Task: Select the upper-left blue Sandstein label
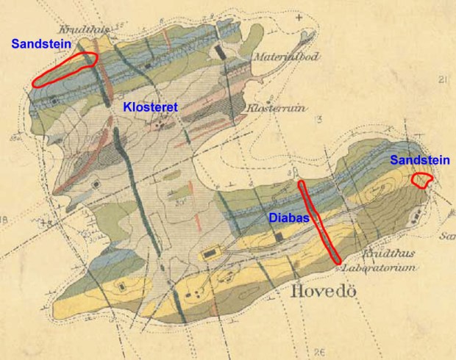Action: (x=40, y=44)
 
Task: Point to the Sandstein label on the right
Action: (x=417, y=159)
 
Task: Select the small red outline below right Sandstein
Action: (x=421, y=180)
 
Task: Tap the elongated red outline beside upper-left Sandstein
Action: (x=65, y=71)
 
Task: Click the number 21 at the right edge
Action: (x=442, y=80)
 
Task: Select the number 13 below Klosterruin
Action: (x=318, y=119)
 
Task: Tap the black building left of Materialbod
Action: (x=221, y=53)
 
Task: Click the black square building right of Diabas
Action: (x=279, y=236)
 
